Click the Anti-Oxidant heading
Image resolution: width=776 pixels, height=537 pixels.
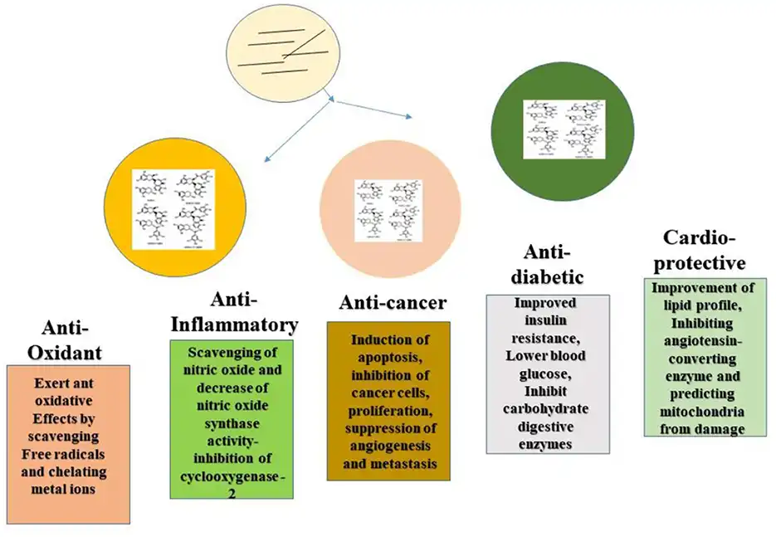[65, 339]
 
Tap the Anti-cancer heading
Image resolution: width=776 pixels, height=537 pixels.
[393, 302]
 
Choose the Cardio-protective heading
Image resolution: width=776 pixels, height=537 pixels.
[704, 251]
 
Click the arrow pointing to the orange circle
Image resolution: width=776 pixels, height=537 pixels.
[298, 129]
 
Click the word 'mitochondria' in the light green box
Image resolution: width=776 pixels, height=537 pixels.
[703, 413]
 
